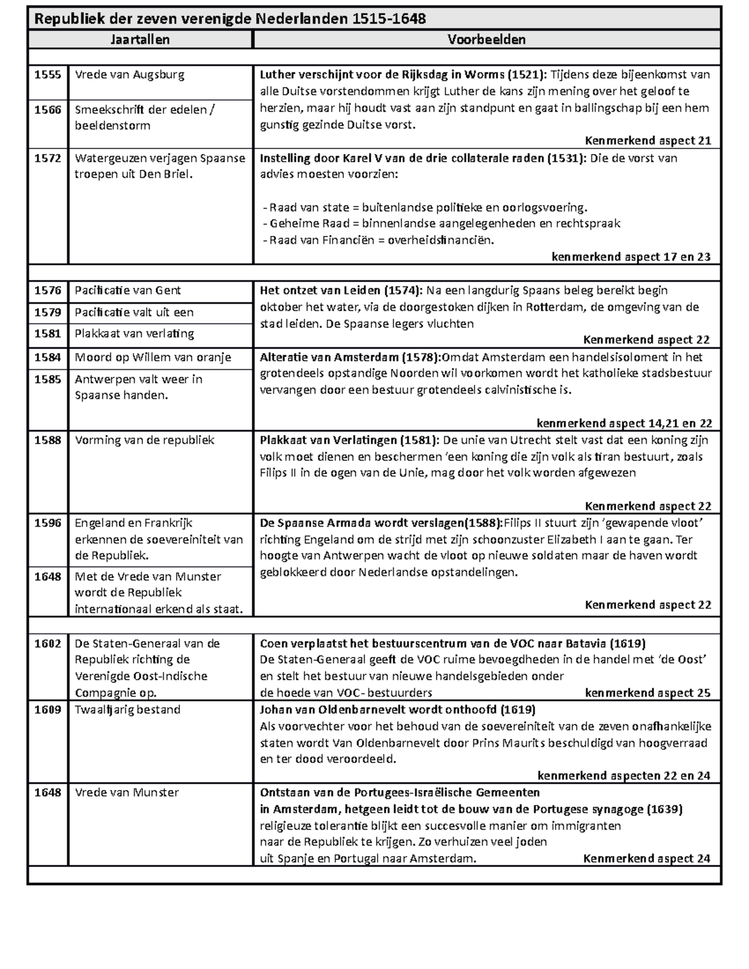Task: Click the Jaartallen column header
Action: pos(140,40)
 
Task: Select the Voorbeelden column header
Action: pos(486,40)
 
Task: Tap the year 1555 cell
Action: pos(47,75)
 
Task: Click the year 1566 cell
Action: pos(47,110)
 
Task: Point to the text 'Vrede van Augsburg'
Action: pos(129,75)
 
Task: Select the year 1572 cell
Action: pos(47,158)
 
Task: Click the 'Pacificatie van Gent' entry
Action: pos(127,290)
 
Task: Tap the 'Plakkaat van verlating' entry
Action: pos(134,334)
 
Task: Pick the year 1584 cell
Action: pos(47,358)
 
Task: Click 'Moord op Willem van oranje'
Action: pos(152,358)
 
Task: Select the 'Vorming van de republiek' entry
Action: pos(144,441)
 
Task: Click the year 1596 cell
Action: pos(47,523)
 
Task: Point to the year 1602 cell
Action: pos(47,644)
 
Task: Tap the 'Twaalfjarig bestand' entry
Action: pos(127,710)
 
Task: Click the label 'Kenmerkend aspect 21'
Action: pos(648,141)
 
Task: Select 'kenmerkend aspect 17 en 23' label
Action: pos(631,257)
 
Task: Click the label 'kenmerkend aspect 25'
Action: pos(647,693)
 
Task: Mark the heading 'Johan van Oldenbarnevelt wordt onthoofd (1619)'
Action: pos(398,710)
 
